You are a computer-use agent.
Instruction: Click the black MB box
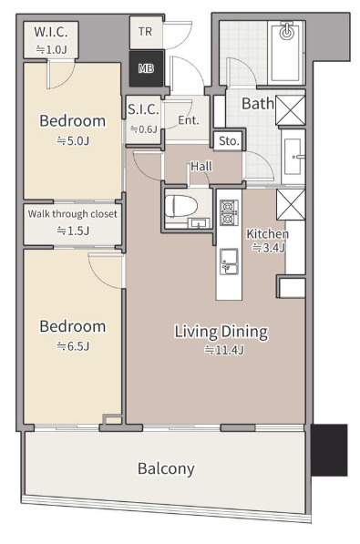(146, 68)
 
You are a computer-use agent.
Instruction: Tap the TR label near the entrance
(145, 32)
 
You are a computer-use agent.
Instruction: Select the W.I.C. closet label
(51, 32)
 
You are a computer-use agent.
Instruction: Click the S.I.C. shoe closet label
(143, 109)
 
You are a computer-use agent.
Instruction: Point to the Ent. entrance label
(189, 120)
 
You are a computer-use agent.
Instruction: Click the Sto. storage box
(229, 141)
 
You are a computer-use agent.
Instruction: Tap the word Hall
(201, 166)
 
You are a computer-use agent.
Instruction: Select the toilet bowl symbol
(180, 206)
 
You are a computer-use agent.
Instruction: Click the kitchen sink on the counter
(229, 261)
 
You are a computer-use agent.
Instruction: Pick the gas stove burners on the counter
(229, 212)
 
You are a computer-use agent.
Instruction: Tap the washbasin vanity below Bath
(293, 157)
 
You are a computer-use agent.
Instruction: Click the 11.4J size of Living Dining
(224, 350)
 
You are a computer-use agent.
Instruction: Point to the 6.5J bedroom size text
(73, 346)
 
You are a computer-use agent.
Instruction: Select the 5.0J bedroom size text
(73, 141)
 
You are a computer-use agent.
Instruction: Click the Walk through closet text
(73, 214)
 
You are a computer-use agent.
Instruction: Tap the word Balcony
(166, 468)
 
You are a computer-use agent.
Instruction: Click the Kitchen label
(267, 234)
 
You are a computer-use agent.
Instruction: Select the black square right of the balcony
(329, 449)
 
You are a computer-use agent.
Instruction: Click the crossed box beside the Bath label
(290, 110)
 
